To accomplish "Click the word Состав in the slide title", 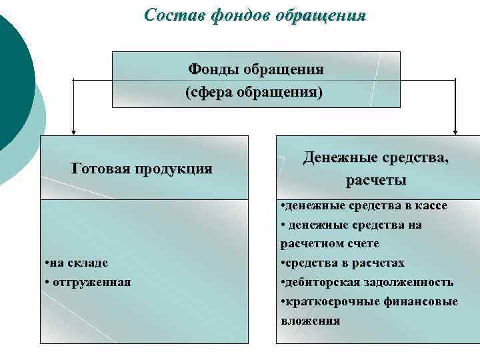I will point(169,15).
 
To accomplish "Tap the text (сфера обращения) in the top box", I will point(253,91).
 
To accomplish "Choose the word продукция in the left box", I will point(173,168).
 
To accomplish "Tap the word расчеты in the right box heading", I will point(376,179).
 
